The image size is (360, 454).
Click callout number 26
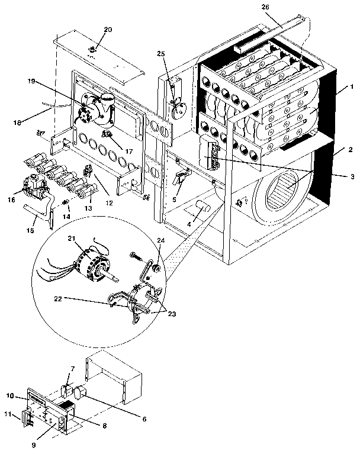pyautogui.click(x=264, y=8)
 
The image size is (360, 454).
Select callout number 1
pyautogui.click(x=352, y=87)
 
